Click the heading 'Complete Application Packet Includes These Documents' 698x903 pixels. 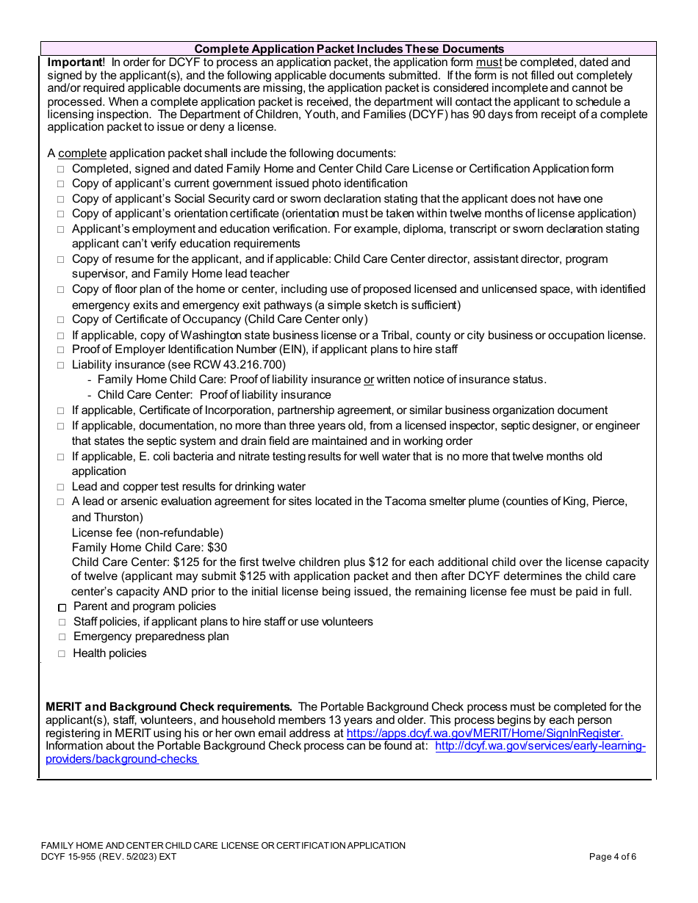349,48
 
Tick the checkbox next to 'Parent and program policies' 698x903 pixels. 62,607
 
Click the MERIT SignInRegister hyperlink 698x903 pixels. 484,733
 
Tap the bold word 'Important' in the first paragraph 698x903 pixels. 75,62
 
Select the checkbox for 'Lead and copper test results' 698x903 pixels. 61,487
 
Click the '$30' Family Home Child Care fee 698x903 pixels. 217,547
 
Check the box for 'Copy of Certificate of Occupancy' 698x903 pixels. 61,320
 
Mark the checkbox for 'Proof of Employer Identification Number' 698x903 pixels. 61,350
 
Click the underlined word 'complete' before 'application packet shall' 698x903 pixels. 82,153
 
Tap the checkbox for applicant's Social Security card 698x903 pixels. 61,200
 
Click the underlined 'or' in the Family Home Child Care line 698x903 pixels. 369,380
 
